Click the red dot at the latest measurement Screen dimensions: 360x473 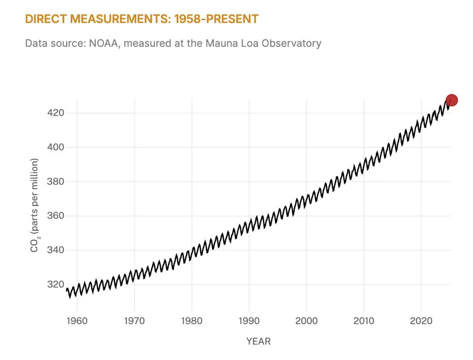451,100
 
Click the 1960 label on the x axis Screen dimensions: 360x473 77,321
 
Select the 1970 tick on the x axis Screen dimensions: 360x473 134,321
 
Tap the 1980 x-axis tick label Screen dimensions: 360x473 192,321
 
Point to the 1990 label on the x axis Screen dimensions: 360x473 249,321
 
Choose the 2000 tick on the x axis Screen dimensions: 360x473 306,321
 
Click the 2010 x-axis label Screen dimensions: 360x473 364,321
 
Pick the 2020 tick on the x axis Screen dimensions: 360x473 421,321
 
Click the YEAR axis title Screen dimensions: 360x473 258,341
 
